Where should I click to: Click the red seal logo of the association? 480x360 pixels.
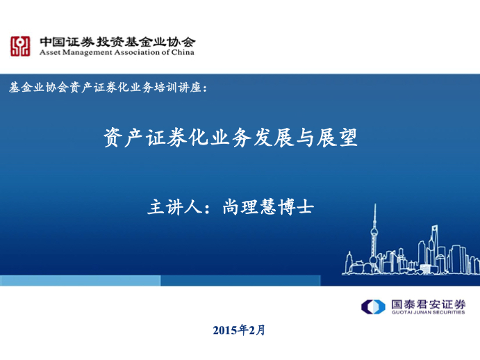[19, 47]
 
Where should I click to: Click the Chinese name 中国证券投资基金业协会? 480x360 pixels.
[117, 41]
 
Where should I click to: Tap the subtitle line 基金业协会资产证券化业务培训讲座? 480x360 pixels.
[108, 88]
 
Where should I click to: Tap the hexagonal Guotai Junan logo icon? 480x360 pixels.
[372, 306]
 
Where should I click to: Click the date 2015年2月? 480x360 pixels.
[239, 330]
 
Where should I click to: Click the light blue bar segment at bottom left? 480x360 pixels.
[80, 281]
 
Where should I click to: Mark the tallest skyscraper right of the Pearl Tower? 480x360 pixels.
[433, 247]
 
